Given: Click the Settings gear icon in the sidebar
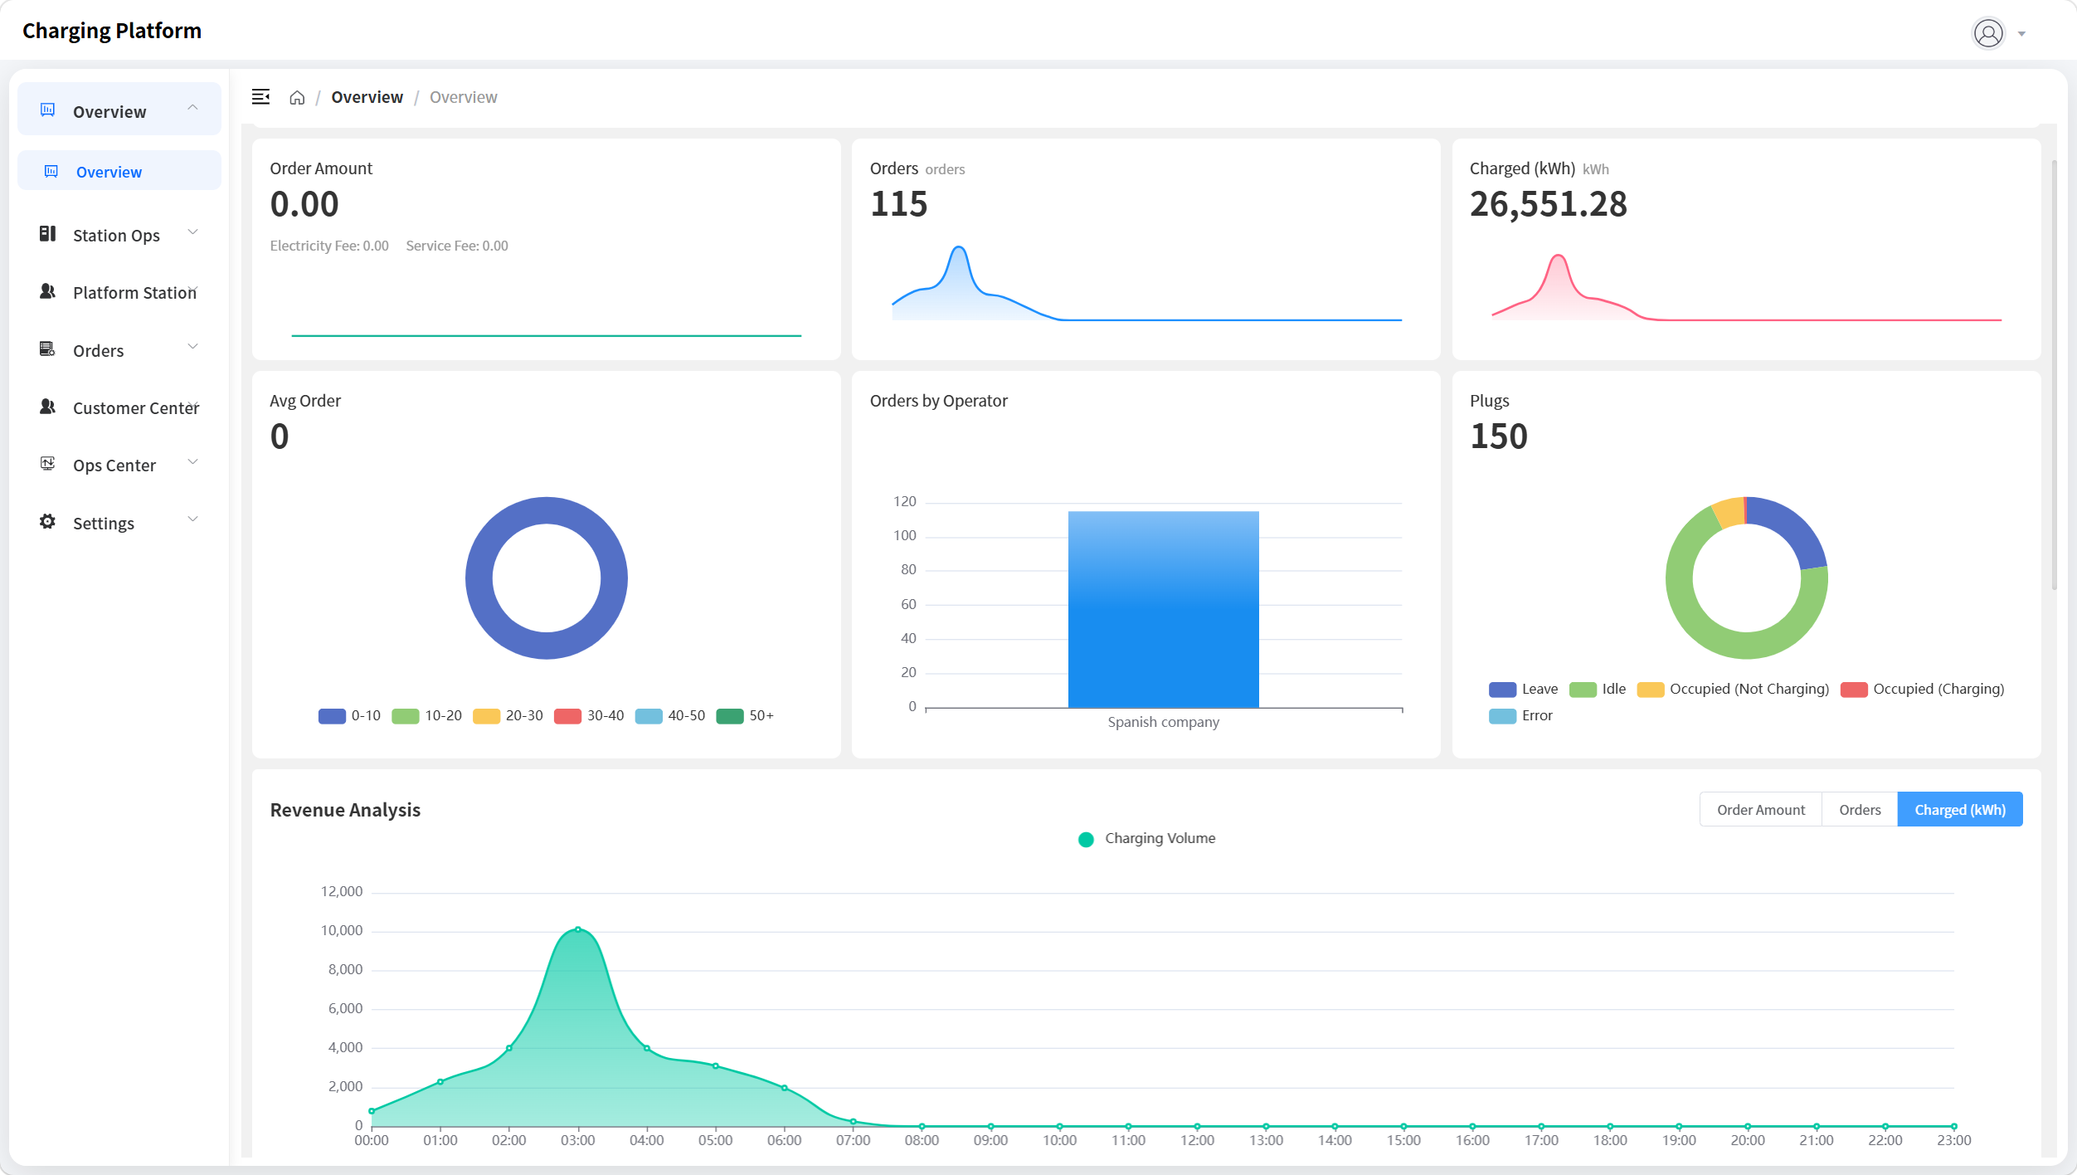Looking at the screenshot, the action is [47, 522].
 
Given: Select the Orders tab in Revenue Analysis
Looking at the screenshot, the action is [1860, 810].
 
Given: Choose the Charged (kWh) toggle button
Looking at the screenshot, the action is [1960, 810].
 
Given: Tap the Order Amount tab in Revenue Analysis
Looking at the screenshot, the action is [1761, 810].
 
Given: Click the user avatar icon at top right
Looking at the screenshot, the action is [1988, 33].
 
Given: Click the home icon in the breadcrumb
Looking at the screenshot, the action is [297, 98].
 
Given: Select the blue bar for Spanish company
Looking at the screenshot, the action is [1163, 609].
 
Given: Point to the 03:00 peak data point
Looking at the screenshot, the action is [578, 929].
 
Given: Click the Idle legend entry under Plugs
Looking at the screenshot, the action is [1598, 689].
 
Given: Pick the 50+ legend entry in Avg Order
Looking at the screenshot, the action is [745, 715].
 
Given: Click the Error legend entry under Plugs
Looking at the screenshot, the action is [1520, 715].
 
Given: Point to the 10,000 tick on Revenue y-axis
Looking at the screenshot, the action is [342, 930].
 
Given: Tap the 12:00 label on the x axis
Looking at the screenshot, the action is [1197, 1140].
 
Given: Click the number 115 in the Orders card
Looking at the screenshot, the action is [898, 204].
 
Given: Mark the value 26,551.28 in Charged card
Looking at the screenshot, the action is [1548, 204].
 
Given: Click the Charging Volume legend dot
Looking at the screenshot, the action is [1086, 839].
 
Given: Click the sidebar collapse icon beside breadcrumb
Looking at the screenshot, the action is [260, 97].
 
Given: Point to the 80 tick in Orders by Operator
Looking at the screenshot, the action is [908, 569].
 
